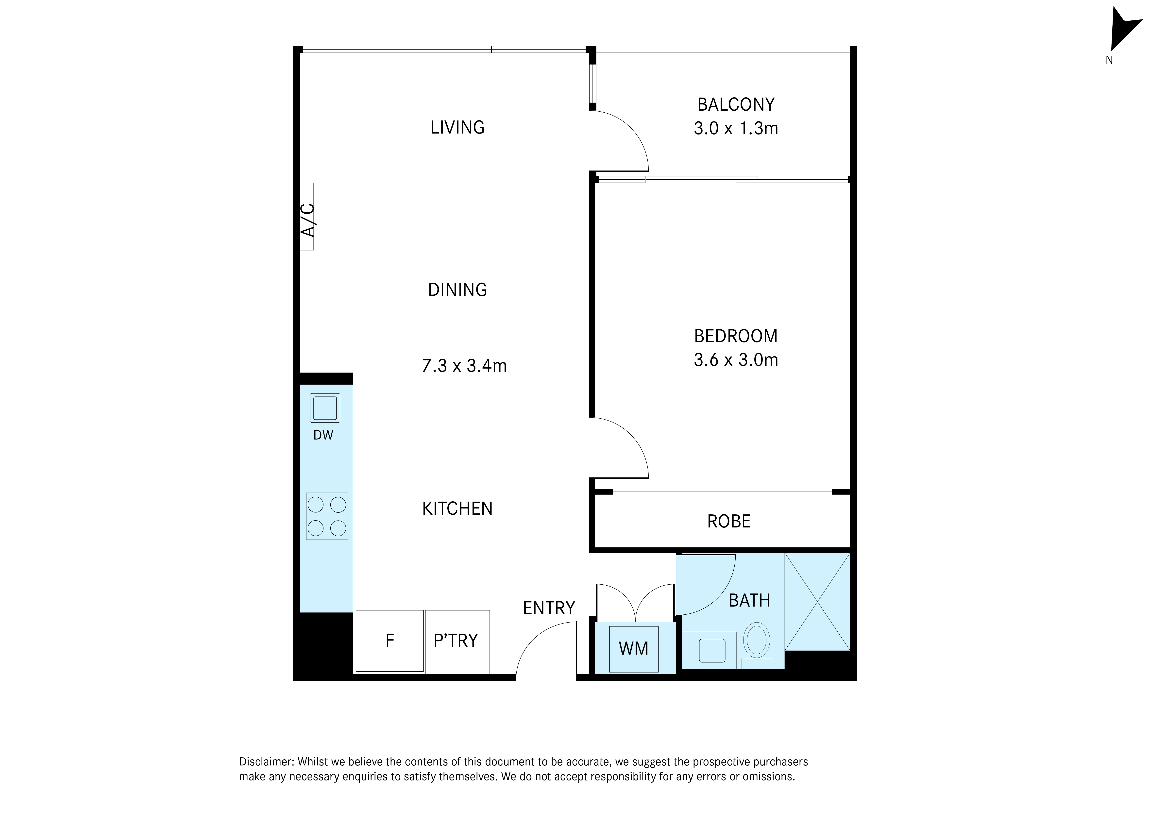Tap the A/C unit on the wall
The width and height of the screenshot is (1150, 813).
click(307, 216)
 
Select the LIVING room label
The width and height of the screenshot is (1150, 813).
click(457, 127)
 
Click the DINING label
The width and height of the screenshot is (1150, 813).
click(457, 289)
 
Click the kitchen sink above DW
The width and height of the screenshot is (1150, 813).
click(325, 408)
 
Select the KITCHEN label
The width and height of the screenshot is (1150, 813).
click(457, 508)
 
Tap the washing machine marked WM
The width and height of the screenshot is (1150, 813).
click(634, 649)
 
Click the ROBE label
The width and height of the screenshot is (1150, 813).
click(729, 522)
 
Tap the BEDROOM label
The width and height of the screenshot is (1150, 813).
click(736, 336)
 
